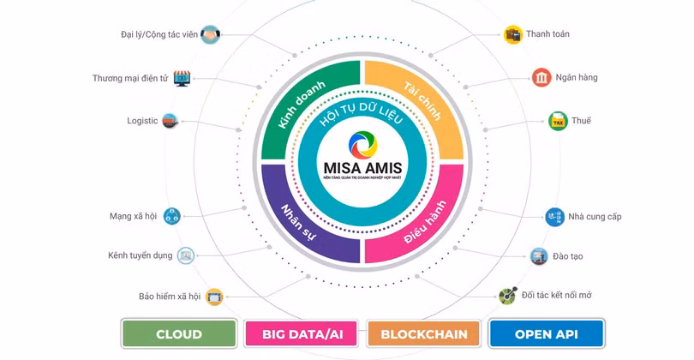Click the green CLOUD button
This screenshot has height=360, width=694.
[x=179, y=333]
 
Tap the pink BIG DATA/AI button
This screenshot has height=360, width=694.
[x=302, y=333]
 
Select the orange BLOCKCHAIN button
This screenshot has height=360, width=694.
[x=424, y=333]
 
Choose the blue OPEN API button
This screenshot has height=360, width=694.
[x=547, y=333]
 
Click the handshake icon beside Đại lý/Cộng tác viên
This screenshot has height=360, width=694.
[x=211, y=34]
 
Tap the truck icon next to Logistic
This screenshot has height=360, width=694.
[x=171, y=122]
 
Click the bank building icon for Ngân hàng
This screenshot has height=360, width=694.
[x=541, y=78]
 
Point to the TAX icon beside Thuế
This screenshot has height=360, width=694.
[x=558, y=122]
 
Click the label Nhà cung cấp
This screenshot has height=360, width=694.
[x=595, y=217]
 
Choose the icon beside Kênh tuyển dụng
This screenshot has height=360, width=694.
[x=186, y=255]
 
